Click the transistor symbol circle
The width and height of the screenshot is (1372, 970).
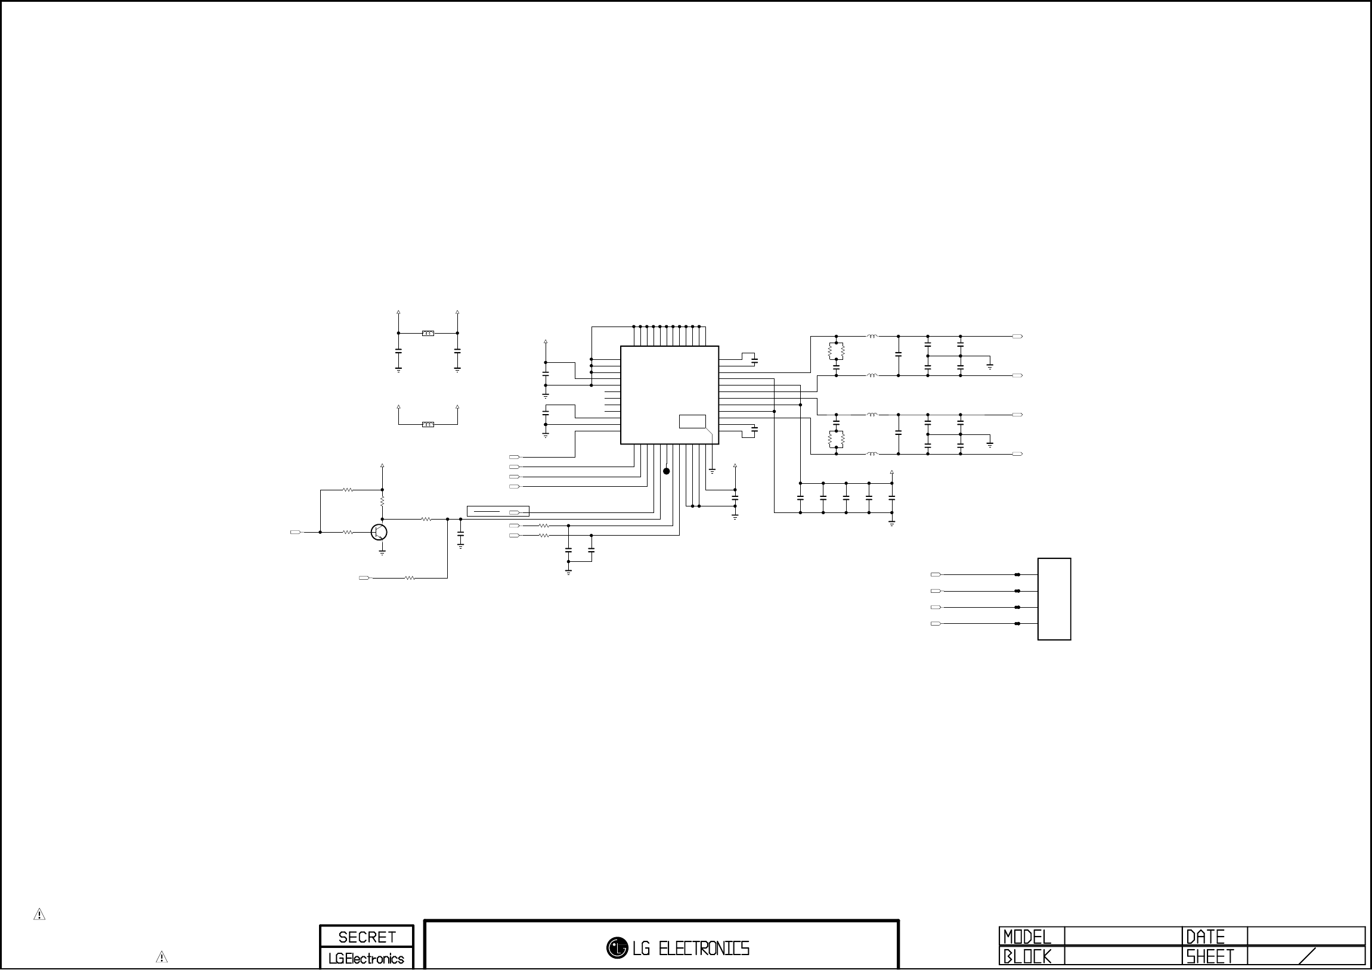coord(379,531)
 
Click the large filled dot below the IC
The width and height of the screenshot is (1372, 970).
coord(666,471)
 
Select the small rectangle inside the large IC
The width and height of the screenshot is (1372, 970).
coord(692,421)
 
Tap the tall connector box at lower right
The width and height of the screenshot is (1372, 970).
coord(1054,599)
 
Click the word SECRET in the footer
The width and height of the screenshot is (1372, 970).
coord(367,937)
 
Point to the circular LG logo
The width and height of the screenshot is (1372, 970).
coord(617,948)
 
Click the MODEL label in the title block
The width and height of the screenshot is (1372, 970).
coord(1027,937)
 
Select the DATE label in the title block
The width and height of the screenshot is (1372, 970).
coord(1205,937)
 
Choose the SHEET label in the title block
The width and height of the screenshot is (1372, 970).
coord(1210,957)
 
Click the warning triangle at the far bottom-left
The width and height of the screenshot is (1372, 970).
coord(39,915)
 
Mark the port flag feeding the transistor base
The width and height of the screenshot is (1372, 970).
coord(296,532)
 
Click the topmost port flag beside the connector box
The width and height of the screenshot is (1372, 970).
coord(936,574)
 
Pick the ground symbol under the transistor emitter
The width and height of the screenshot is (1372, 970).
coord(382,552)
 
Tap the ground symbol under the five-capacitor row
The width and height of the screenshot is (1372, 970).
coord(891,523)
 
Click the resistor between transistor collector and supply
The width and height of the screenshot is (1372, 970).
coord(382,500)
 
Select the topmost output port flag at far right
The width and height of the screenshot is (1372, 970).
coord(1018,336)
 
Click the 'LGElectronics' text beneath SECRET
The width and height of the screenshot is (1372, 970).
coord(366,959)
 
